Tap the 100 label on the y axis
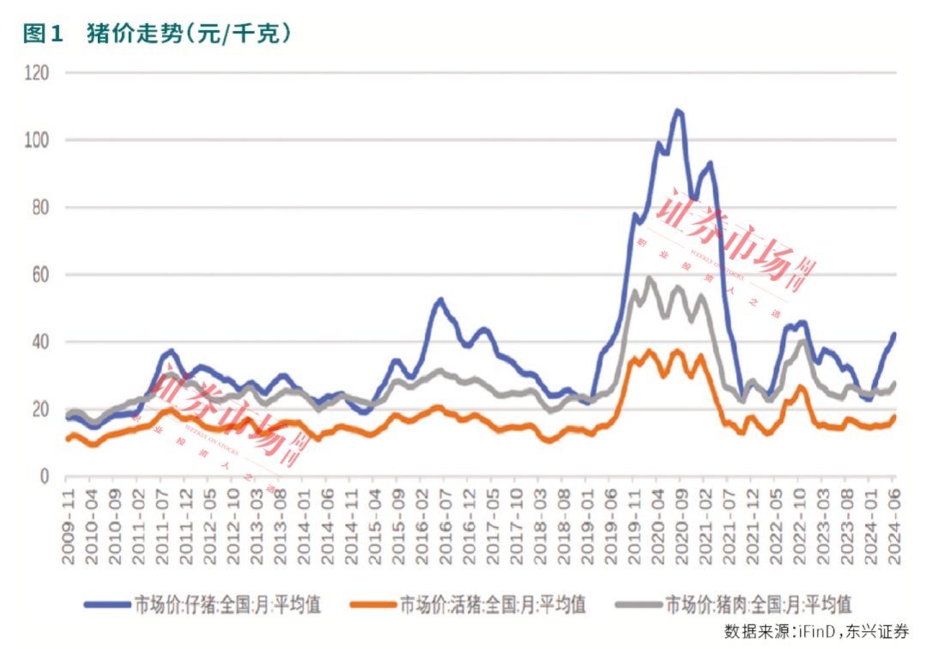point(38,140)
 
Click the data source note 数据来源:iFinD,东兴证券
point(815,631)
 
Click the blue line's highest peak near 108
point(678,111)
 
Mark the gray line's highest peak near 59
point(649,277)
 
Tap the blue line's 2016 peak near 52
point(440,300)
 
